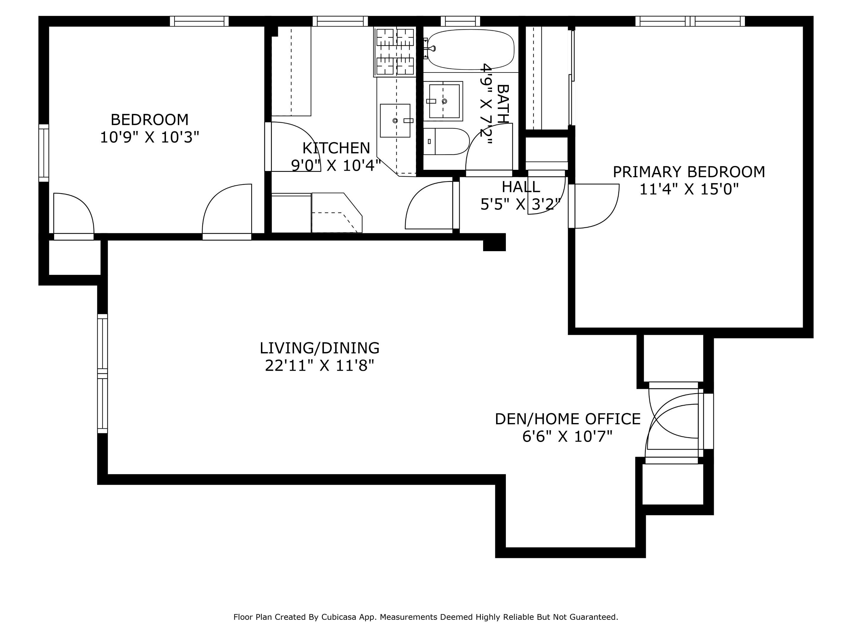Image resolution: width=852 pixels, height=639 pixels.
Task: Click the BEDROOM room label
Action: pos(149,120)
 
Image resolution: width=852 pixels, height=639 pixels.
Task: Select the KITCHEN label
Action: pos(336,148)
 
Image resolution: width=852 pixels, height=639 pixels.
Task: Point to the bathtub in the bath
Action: pos(471,49)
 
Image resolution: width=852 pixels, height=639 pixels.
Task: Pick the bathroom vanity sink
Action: pos(444,101)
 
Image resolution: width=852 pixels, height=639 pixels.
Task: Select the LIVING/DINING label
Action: pos(319,348)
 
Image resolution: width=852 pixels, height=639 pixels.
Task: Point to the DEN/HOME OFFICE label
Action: pos(567,419)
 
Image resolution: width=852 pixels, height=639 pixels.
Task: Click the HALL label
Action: pos(520,187)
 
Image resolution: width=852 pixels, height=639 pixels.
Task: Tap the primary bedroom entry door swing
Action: pos(595,206)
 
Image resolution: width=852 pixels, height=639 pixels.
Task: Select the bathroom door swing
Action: pos(489,148)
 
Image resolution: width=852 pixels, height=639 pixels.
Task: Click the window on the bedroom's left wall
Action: pos(44,153)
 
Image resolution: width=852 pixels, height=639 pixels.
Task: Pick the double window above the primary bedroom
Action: pos(690,21)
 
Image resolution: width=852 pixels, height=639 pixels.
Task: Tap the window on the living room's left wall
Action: pos(102,374)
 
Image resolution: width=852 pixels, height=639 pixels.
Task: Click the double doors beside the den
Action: pos(674,422)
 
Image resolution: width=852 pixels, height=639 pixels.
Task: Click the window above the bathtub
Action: pos(460,21)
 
